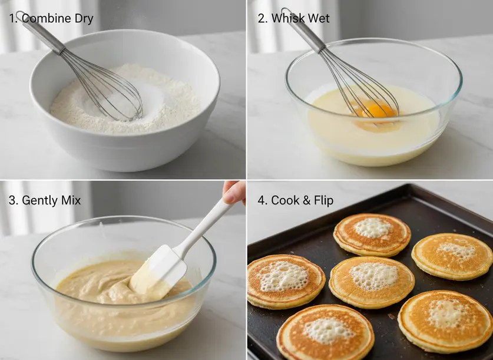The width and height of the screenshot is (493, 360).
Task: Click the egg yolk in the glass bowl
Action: click(x=378, y=111)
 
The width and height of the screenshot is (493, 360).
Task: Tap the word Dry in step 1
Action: click(x=84, y=18)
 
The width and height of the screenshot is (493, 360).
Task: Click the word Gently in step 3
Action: click(x=39, y=200)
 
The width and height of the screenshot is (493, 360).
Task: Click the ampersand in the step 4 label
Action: click(x=306, y=200)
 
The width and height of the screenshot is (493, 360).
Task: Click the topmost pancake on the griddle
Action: click(x=372, y=235)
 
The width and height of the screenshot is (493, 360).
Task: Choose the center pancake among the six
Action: click(x=372, y=282)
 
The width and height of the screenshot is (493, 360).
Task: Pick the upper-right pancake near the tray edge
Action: click(x=452, y=256)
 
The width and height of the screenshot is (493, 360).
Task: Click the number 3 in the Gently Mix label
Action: click(x=12, y=200)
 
